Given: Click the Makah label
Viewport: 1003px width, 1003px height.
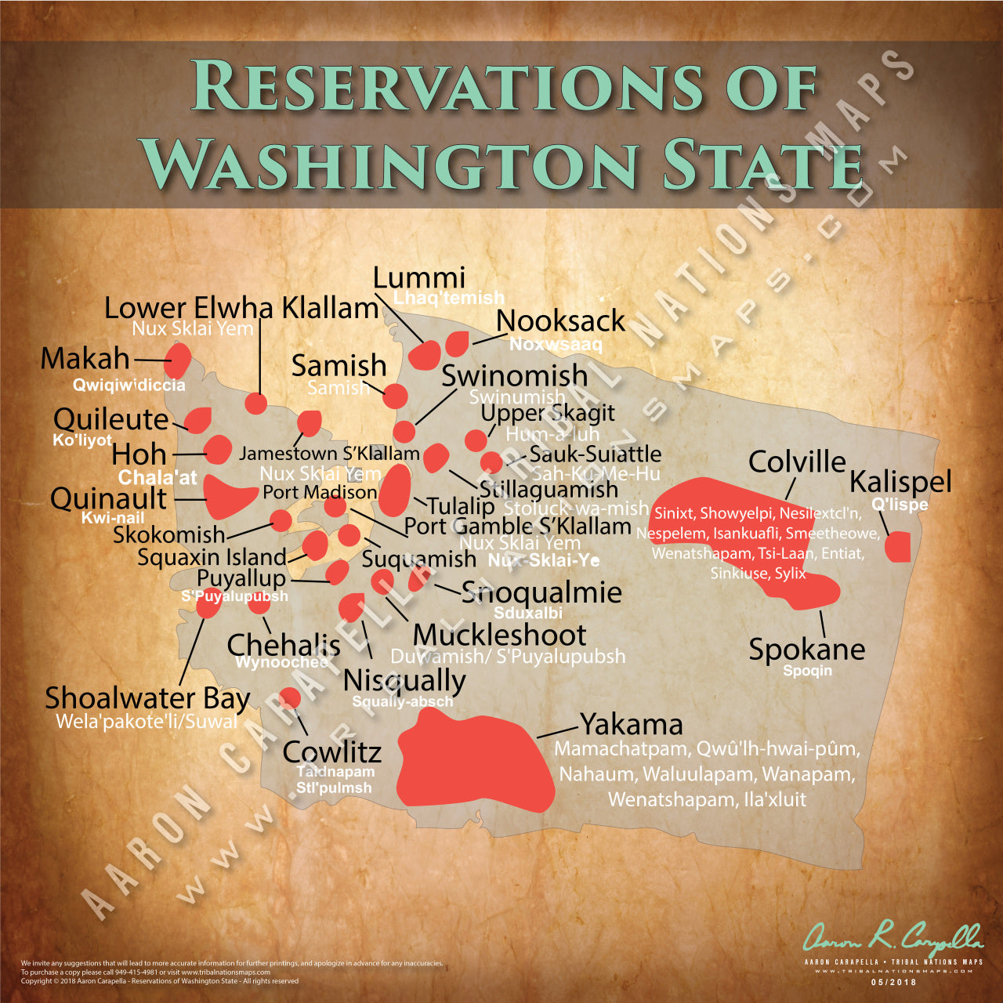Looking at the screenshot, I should click(x=85, y=359).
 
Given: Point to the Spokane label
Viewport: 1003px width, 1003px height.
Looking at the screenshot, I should click(x=806, y=649).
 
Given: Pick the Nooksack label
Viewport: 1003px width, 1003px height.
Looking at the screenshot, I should click(x=560, y=320).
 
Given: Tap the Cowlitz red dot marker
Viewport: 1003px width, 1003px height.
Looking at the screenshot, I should click(x=290, y=697).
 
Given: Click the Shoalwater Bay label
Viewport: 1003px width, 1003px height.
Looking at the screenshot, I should click(x=147, y=697).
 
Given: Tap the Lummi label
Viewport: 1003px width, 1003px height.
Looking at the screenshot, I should click(x=419, y=277).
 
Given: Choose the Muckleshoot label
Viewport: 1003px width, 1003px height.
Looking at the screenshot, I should click(x=499, y=635).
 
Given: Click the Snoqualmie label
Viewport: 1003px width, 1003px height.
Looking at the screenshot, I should click(x=541, y=592).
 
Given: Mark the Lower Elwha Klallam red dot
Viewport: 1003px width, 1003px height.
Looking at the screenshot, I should click(x=256, y=404).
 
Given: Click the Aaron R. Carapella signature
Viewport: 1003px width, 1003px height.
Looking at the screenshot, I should click(x=893, y=936).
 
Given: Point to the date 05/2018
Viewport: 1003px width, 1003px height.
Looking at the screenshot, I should click(x=893, y=982).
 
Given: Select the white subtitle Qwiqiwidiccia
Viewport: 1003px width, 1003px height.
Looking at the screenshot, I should click(x=129, y=385).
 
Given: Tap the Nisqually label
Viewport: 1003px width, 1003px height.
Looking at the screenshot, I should click(x=404, y=679).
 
